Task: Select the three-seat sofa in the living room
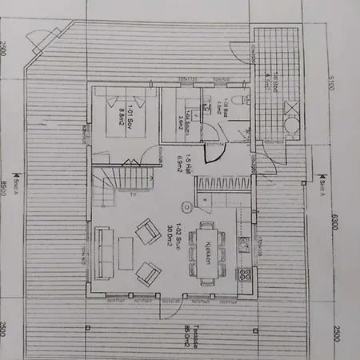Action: [x=103, y=255]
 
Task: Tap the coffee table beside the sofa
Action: [x=126, y=254]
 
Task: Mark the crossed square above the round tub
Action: [x=270, y=106]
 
